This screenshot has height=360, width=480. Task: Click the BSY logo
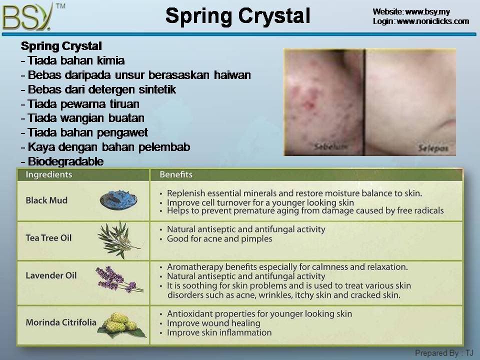coord(27,17)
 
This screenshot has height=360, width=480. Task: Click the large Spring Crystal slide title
coord(238,15)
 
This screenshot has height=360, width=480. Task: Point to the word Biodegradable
coord(66,161)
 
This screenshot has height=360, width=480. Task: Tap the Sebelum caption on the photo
coord(330,146)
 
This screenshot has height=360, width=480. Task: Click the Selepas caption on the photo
coord(433,148)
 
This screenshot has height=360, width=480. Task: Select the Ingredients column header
coord(49,174)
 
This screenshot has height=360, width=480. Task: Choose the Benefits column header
coord(176,174)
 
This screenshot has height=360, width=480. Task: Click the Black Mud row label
coord(46,200)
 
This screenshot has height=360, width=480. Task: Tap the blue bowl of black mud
coord(118,199)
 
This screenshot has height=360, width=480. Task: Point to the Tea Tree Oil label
coord(48,238)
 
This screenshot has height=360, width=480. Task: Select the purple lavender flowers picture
coord(119,279)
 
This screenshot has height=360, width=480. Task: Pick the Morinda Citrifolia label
coord(61,322)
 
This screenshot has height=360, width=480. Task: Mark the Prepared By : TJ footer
coord(444,353)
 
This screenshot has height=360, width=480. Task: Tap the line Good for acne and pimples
coord(219,239)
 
